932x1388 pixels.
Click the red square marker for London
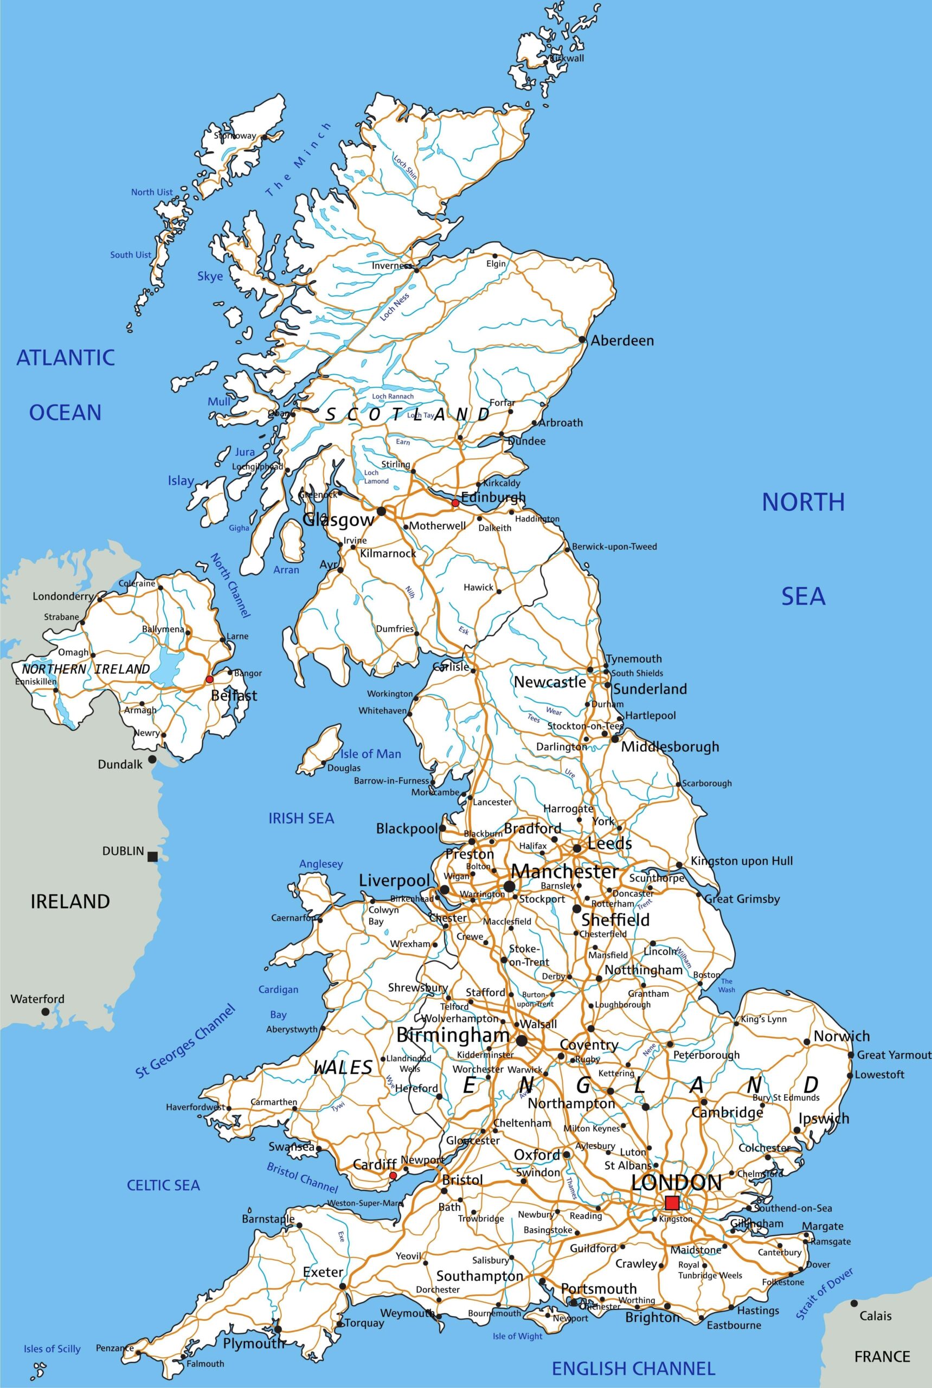[x=672, y=1203]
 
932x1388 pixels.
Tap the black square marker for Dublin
[x=153, y=857]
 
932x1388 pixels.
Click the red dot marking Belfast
[x=209, y=679]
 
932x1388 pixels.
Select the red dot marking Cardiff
[x=393, y=1176]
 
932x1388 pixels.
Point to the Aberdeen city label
[x=622, y=340]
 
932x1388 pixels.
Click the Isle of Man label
[x=370, y=754]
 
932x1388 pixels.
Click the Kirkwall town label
[x=567, y=58]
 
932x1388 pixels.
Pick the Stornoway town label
[x=235, y=136]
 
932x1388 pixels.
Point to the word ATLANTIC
[x=66, y=357]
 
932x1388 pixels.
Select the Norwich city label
[x=841, y=1036]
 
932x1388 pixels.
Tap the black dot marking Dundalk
[x=152, y=760]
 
